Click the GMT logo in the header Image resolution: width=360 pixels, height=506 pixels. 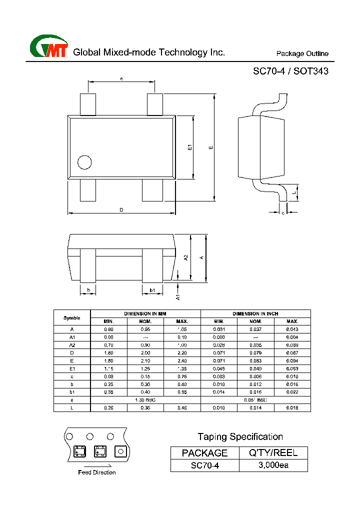click(48, 47)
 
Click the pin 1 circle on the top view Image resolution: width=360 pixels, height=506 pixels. click(84, 162)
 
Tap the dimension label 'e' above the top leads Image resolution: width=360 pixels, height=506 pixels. click(121, 78)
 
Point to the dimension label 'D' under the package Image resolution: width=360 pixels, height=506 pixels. click(121, 210)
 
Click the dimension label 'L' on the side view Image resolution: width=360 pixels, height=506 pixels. click(295, 192)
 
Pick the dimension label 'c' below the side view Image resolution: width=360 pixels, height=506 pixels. click(283, 213)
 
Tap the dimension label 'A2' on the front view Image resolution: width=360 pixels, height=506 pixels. click(186, 257)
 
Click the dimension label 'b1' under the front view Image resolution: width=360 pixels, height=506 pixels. click(152, 290)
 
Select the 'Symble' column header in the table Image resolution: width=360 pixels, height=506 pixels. click(72, 317)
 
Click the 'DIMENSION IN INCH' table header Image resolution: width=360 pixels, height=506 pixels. click(255, 313)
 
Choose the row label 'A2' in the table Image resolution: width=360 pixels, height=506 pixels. click(72, 345)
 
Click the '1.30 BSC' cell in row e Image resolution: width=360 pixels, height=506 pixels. click(145, 400)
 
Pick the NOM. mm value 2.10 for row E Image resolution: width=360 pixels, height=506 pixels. click(145, 360)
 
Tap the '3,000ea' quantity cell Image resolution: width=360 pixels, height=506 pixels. click(273, 465)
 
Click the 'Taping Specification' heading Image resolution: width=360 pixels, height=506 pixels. click(240, 436)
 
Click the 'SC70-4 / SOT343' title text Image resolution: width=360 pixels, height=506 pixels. click(290, 71)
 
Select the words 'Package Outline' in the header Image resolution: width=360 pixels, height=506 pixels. click(302, 53)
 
